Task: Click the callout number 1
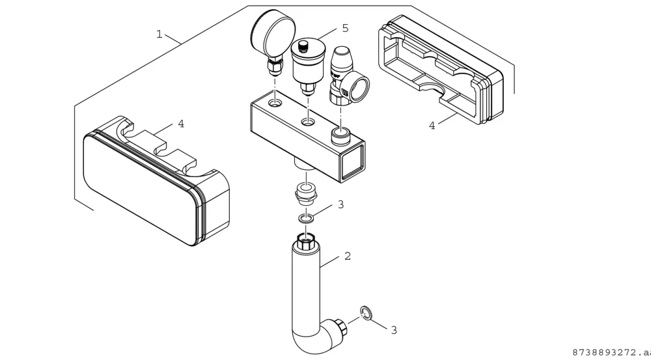[x=159, y=34]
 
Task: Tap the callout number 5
[x=345, y=28]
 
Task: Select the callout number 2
[x=348, y=256]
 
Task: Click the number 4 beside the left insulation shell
[x=181, y=124]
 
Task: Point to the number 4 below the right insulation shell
[x=432, y=126]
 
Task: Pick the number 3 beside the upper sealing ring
[x=341, y=204]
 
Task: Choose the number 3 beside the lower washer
[x=394, y=330]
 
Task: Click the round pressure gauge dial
[x=273, y=33]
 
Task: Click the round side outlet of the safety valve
[x=357, y=87]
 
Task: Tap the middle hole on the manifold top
[x=308, y=122]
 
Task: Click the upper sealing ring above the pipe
[x=305, y=217]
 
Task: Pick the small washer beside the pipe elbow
[x=366, y=312]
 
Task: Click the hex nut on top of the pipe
[x=307, y=242]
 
